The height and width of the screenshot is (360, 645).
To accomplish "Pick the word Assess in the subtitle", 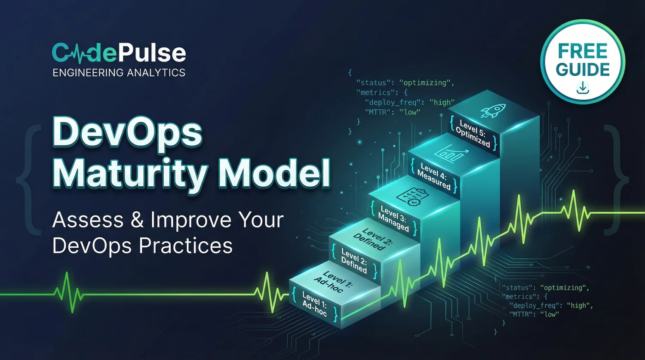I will point(88,220).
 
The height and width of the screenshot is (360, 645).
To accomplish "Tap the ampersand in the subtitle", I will point(137,220).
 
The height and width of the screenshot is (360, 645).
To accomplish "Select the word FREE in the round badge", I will point(583,51).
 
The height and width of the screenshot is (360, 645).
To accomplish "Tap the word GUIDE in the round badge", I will point(583,70).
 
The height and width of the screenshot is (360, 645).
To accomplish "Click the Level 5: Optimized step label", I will point(473,134).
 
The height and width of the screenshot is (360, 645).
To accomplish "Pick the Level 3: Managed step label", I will point(393,219).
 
